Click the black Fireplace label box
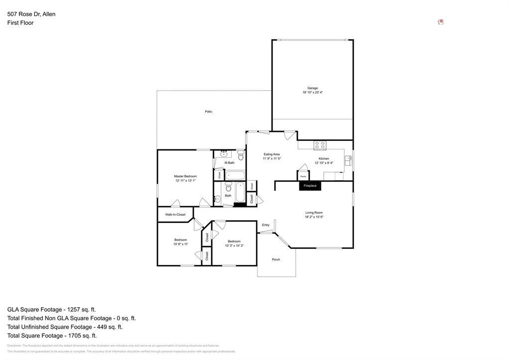[x=310, y=186]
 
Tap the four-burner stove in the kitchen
[x=320, y=145]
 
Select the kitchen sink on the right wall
[x=349, y=160]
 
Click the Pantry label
[x=303, y=176]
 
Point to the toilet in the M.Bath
[x=241, y=156]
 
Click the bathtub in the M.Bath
[x=235, y=175]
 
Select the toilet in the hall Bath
[x=229, y=187]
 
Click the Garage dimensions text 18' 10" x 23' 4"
[x=312, y=93]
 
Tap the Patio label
[x=209, y=112]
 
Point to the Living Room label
[x=314, y=213]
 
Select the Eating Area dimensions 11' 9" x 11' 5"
[x=272, y=159]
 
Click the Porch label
[x=276, y=259]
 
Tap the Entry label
[x=265, y=225]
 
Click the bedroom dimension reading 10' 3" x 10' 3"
[x=234, y=245]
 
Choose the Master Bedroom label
[x=185, y=176]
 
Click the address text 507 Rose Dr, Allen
[x=31, y=14]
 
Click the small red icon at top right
[x=441, y=22]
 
